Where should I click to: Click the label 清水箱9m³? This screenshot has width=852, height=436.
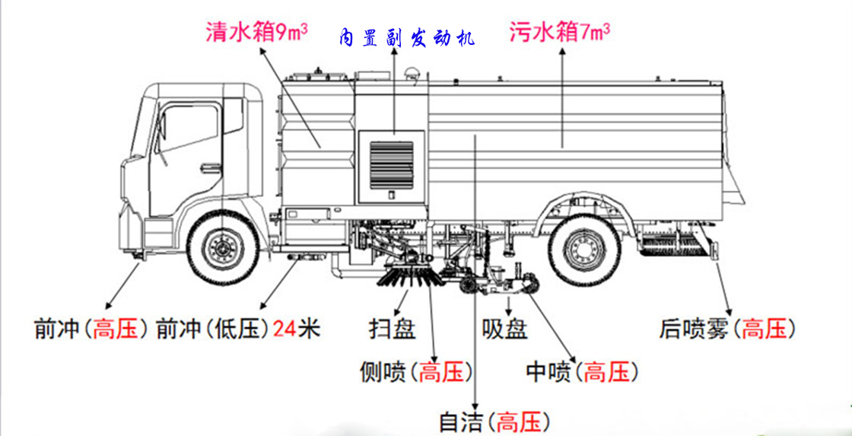tap(256, 32)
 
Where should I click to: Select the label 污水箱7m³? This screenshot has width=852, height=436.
tap(559, 32)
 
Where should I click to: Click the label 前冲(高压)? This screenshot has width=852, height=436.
tap(91, 329)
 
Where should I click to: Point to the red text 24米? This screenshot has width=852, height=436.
tap(296, 329)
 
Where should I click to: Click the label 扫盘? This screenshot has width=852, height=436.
tap(393, 329)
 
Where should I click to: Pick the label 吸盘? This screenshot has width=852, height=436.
tap(505, 329)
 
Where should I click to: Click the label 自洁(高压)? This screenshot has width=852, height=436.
tap(495, 422)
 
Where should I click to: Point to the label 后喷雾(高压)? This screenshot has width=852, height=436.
tap(727, 329)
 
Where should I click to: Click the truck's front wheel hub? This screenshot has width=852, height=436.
tap(222, 248)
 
